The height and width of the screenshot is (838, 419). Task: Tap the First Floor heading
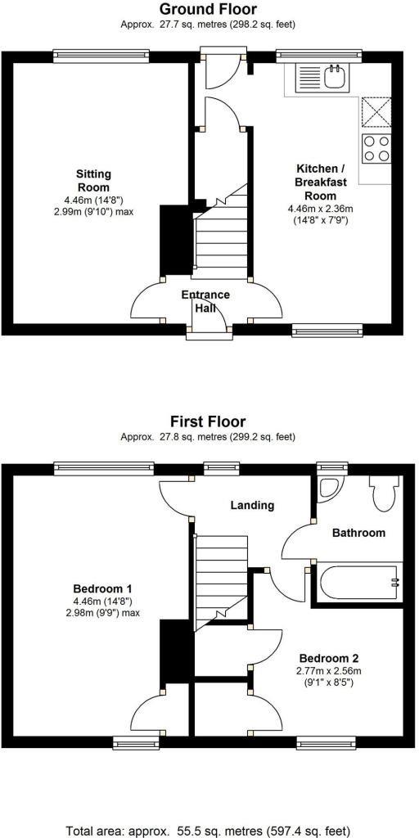coord(208,422)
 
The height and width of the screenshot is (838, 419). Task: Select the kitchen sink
coord(334,78)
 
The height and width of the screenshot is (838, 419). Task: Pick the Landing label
coord(251,505)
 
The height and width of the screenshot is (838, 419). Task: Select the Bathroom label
coord(358,533)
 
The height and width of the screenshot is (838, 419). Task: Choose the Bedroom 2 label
coord(328,658)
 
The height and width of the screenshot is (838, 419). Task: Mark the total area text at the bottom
coord(209,830)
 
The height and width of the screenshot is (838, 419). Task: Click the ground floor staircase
coord(221,237)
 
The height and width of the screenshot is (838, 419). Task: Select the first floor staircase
coord(221,573)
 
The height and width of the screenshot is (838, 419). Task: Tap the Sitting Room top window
coord(101,55)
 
